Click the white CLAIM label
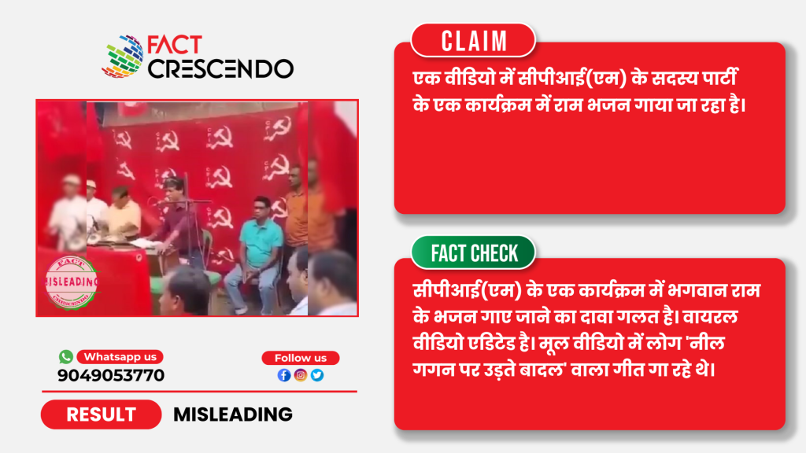[473, 41]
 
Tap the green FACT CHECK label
[473, 252]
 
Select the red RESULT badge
[102, 414]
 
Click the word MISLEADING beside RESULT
[233, 414]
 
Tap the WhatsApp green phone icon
[66, 356]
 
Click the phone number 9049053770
[111, 375]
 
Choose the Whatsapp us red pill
[120, 356]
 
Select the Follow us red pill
[300, 358]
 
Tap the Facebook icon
[283, 375]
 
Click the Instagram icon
[301, 375]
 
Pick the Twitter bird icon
[317, 375]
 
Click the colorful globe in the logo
[123, 57]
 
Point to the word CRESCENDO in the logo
[221, 69]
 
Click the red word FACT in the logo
[175, 45]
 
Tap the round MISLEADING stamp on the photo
[72, 282]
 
